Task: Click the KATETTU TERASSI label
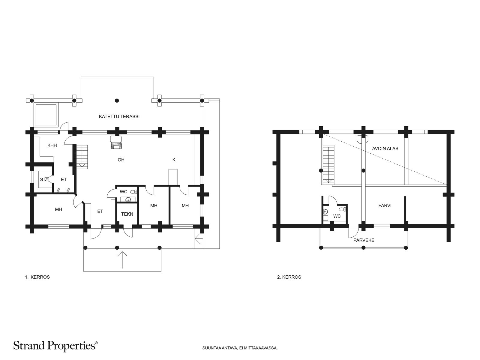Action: click(x=119, y=116)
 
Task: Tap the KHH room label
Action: click(x=52, y=145)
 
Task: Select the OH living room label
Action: click(x=121, y=160)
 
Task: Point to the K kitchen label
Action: click(x=174, y=160)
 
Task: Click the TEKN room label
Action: click(x=127, y=214)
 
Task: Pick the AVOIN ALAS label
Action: click(x=385, y=148)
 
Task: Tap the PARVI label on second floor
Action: click(x=385, y=205)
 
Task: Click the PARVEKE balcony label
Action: click(x=364, y=240)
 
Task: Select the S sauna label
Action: click(x=41, y=180)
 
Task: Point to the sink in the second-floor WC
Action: click(x=325, y=211)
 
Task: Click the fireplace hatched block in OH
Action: click(x=117, y=145)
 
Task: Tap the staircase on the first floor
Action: click(x=82, y=157)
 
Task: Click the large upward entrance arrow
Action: click(x=122, y=260)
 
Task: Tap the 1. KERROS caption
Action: click(x=37, y=277)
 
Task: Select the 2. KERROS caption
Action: click(x=289, y=277)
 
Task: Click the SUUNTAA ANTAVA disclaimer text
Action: click(x=240, y=348)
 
